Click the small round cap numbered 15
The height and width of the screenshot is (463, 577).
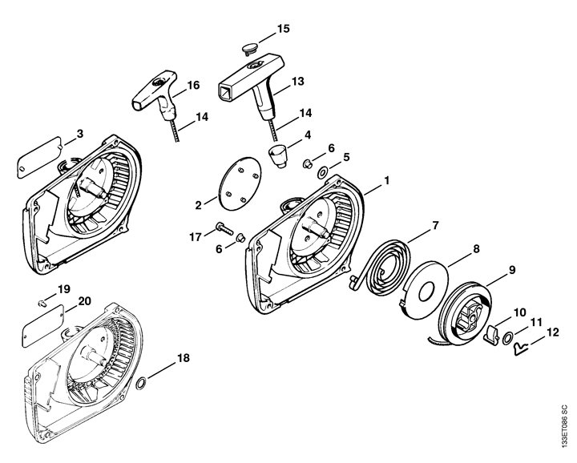(x=249, y=49)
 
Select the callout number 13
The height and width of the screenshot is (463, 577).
(x=297, y=81)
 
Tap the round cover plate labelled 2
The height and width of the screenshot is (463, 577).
(x=240, y=183)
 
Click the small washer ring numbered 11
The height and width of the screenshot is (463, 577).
(x=508, y=338)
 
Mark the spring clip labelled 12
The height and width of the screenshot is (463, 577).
(x=520, y=348)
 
